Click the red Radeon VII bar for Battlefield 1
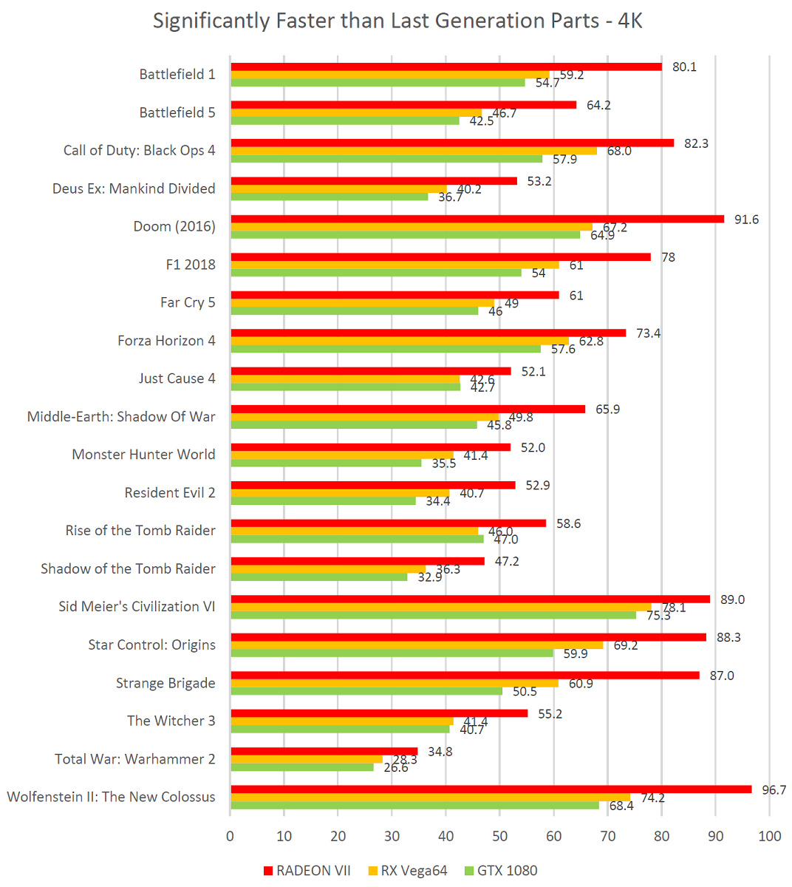coord(446,67)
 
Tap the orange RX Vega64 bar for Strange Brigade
coord(395,683)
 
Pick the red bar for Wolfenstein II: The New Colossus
coord(491,789)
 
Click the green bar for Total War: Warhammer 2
coord(302,767)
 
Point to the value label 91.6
coord(746,220)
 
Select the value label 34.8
coord(440,752)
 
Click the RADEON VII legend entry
coord(307,871)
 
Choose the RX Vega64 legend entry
coord(407,871)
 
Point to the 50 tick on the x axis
coord(500,836)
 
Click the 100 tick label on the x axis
coord(770,836)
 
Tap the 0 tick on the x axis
coord(231,836)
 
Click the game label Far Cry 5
coord(188,302)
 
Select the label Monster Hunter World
coord(143,455)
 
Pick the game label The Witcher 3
coord(171,721)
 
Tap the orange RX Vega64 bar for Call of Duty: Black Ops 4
coord(414,151)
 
